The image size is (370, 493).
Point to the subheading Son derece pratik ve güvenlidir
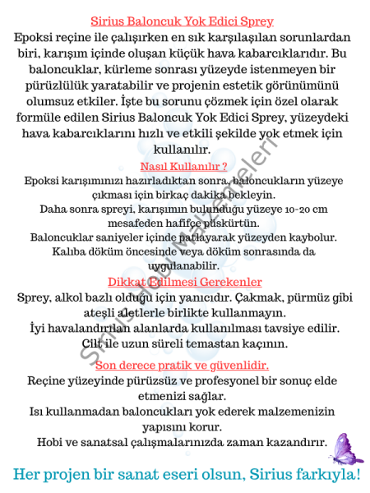182,365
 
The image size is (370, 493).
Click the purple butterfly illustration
345,448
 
